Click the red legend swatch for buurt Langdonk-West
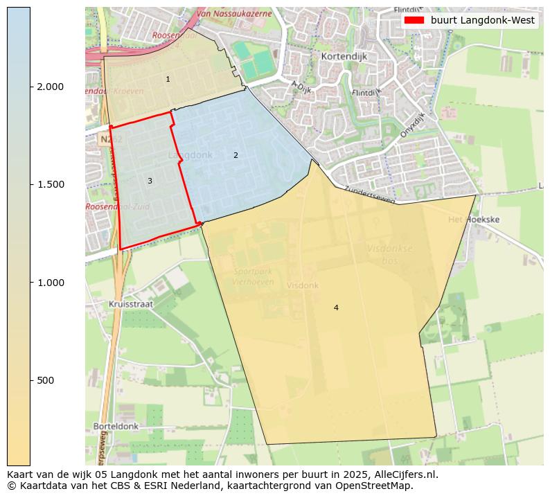pos(414,21)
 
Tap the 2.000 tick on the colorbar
pos(50,87)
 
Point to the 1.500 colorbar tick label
pos(50,184)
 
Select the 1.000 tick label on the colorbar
pos(50,283)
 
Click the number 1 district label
pos(168,80)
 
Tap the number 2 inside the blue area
pos(236,155)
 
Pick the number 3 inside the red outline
pos(150,181)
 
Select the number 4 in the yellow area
pos(336,308)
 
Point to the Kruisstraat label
pos(131,304)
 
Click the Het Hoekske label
pos(474,220)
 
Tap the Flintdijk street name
pos(366,92)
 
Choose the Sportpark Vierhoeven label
pos(254,276)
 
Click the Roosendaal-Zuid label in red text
pos(115,206)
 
